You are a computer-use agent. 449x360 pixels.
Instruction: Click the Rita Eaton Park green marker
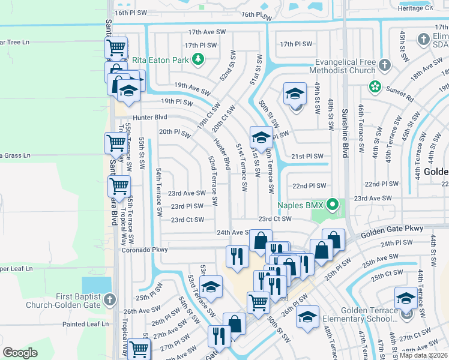tap(197, 59)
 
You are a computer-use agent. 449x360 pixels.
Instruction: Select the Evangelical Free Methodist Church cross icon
tap(385, 65)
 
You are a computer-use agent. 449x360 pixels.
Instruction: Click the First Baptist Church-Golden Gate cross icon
tap(109, 299)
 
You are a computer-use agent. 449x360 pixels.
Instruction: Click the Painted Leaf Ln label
tap(88, 324)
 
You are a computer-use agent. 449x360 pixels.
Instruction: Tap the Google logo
tap(20, 353)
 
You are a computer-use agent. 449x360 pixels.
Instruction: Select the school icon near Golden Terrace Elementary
tap(406, 297)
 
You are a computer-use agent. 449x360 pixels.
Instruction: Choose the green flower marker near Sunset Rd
tap(375, 87)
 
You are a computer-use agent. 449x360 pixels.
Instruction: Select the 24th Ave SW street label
tap(232, 232)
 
